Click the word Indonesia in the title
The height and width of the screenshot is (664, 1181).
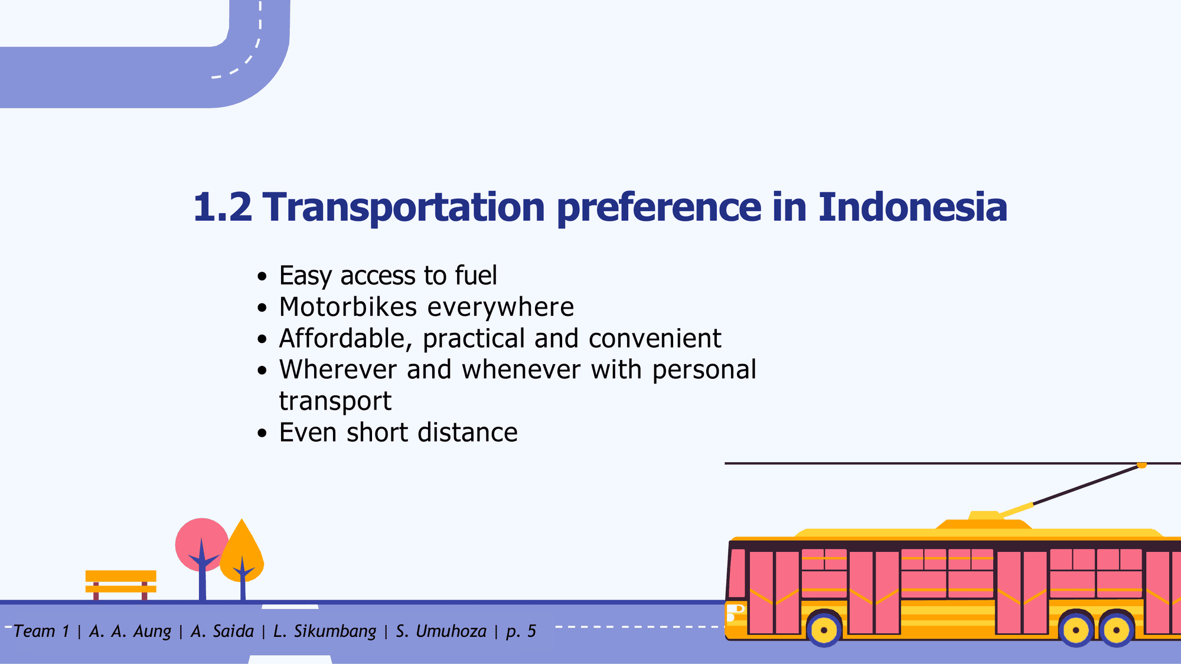click(x=912, y=207)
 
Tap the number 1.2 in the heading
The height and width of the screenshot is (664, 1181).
click(x=222, y=207)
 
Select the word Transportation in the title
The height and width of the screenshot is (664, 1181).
click(x=403, y=208)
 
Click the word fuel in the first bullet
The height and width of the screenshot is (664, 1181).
click(x=475, y=276)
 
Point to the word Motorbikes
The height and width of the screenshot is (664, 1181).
click(x=348, y=307)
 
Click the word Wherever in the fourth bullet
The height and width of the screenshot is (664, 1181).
click(x=338, y=370)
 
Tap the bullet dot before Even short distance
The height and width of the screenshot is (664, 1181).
click(x=263, y=433)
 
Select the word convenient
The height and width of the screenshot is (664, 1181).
click(x=655, y=339)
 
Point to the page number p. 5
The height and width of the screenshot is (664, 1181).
click(x=521, y=632)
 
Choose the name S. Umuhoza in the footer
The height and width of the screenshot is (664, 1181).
click(x=441, y=632)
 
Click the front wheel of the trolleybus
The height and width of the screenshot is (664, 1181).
click(x=824, y=629)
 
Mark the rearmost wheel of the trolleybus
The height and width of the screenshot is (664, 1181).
click(x=1116, y=629)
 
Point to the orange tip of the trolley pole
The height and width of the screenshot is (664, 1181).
click(x=1141, y=466)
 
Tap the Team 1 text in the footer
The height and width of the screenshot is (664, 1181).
click(x=41, y=632)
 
